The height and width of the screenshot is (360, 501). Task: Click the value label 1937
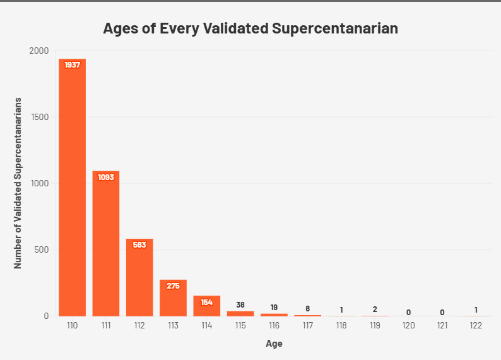pyautogui.click(x=73, y=65)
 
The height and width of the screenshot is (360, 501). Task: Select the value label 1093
pyautogui.click(x=106, y=177)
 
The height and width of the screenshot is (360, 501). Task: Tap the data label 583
pyautogui.click(x=139, y=245)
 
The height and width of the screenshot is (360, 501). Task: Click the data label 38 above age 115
pyautogui.click(x=240, y=304)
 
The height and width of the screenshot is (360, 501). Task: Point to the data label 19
pyautogui.click(x=274, y=307)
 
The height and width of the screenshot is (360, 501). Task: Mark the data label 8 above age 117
pyautogui.click(x=307, y=309)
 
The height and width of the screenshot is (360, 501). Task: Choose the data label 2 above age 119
pyautogui.click(x=375, y=309)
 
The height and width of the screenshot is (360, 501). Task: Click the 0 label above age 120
pyautogui.click(x=408, y=312)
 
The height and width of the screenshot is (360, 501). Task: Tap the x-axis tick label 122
pyautogui.click(x=476, y=326)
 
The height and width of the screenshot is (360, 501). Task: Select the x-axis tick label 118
pyautogui.click(x=341, y=326)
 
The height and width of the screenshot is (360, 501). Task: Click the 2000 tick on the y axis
pyautogui.click(x=39, y=51)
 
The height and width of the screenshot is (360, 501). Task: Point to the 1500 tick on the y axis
pyautogui.click(x=40, y=117)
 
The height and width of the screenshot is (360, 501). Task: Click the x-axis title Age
pyautogui.click(x=274, y=344)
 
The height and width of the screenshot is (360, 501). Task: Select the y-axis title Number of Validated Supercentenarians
pyautogui.click(x=18, y=183)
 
